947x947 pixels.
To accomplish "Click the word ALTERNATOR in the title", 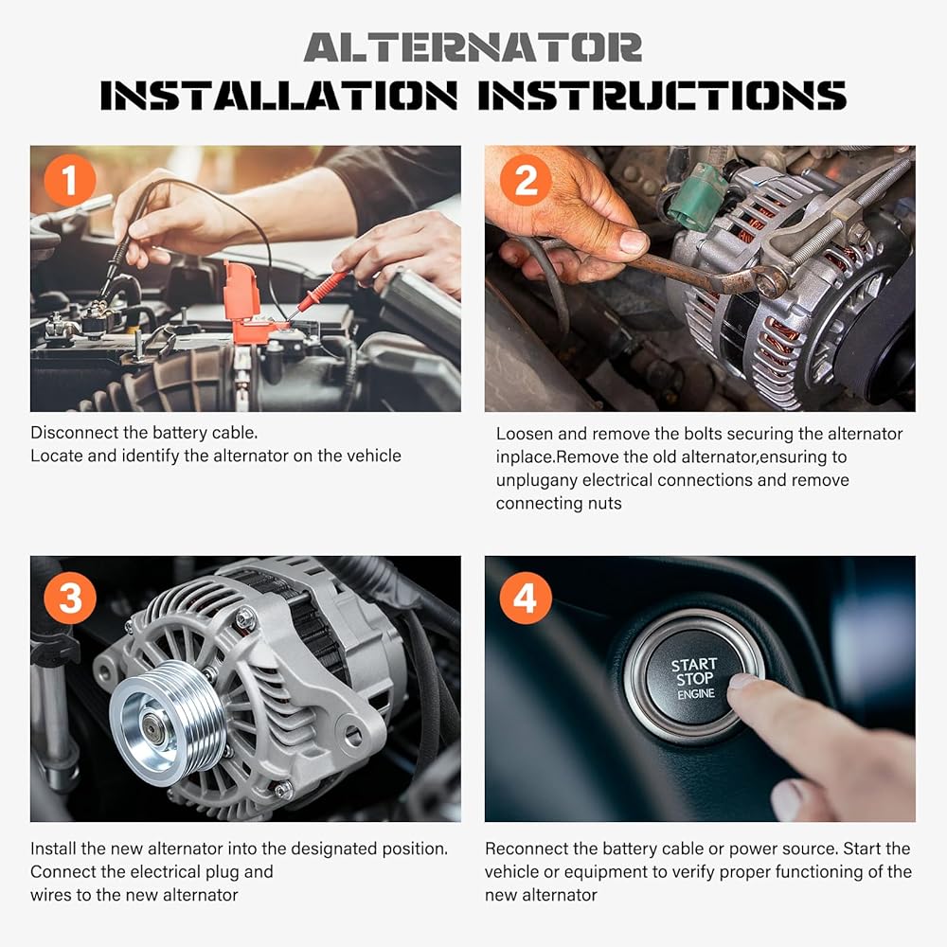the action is click(x=473, y=47).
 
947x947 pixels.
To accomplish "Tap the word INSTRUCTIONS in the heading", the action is click(x=662, y=96).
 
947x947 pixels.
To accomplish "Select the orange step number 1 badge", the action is click(x=70, y=179).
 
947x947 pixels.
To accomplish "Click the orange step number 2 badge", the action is click(x=526, y=179).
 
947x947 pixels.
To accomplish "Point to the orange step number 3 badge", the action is click(x=70, y=598).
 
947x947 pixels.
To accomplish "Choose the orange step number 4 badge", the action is click(x=526, y=598).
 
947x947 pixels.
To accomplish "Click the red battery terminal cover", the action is click(x=247, y=301).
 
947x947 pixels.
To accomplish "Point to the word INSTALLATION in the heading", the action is click(x=279, y=96).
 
